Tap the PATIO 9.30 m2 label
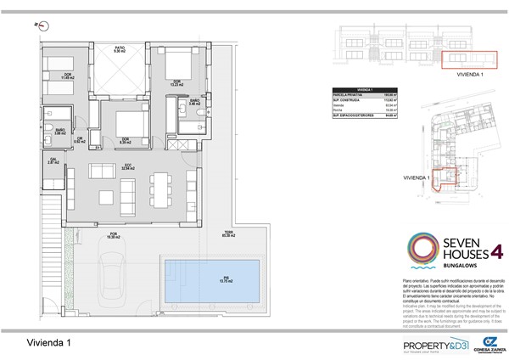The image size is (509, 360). point(120,50)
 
